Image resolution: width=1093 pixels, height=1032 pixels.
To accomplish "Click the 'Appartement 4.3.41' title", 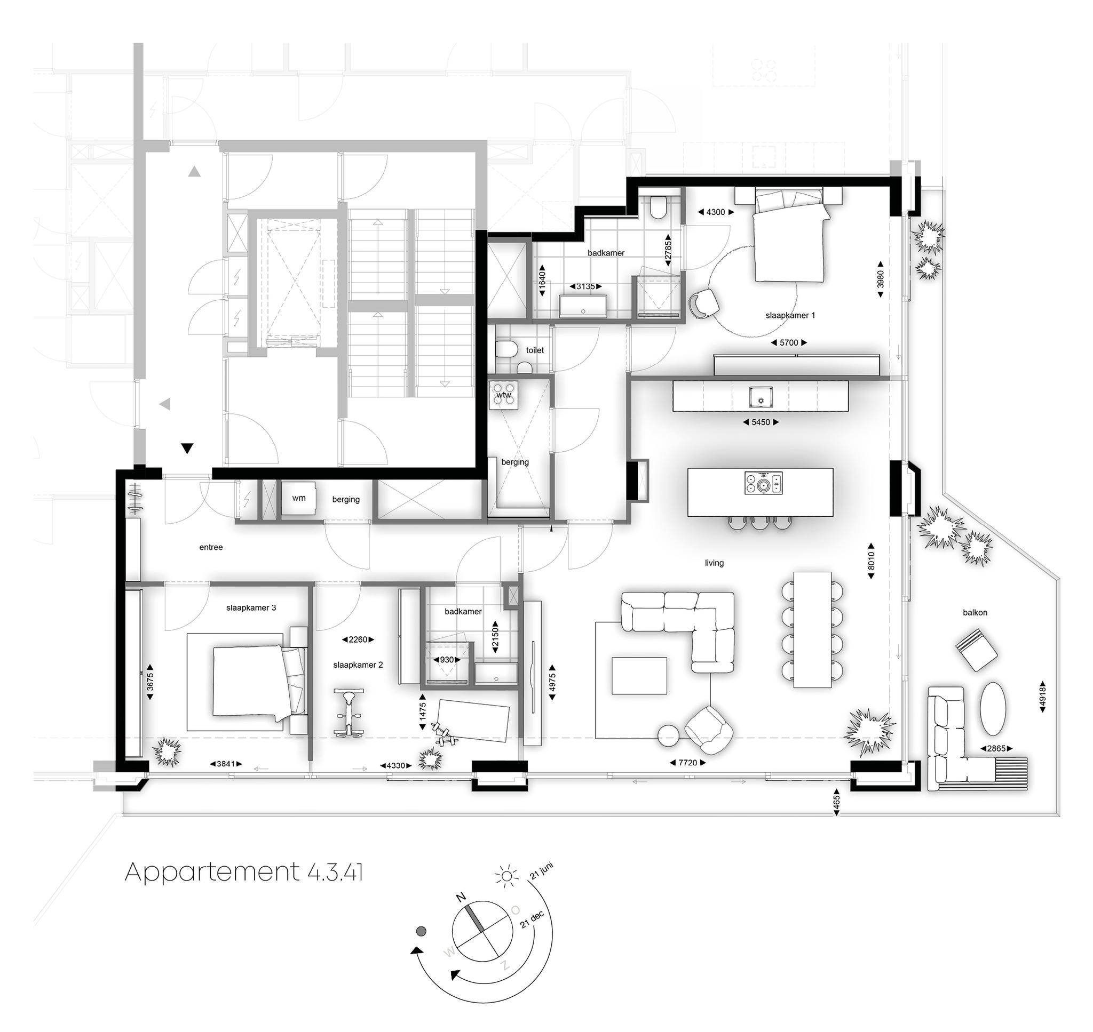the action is click(244, 872).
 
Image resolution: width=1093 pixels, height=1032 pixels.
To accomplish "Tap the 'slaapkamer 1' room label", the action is click(790, 316).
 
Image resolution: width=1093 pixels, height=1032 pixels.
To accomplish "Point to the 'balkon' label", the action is click(975, 612).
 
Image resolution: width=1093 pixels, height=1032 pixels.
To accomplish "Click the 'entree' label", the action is click(211, 547).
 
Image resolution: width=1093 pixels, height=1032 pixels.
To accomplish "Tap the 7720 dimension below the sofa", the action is click(687, 763).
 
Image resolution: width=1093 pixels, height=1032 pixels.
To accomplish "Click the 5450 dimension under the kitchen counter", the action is click(761, 422).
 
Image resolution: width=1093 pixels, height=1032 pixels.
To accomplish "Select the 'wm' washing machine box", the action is click(298, 498).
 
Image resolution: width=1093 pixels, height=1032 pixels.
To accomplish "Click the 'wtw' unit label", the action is click(504, 395).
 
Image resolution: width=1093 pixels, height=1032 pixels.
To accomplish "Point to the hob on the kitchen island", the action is click(763, 484).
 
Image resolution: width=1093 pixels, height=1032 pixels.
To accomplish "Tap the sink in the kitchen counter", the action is click(760, 397).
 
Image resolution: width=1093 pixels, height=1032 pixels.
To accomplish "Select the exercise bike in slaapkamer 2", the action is click(349, 713).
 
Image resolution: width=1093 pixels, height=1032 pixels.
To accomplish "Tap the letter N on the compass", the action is click(461, 913).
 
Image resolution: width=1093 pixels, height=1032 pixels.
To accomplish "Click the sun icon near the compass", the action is click(506, 876).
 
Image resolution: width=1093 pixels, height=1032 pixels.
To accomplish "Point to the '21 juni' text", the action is click(541, 873).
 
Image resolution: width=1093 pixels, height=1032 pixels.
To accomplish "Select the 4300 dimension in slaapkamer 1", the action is click(716, 212).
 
